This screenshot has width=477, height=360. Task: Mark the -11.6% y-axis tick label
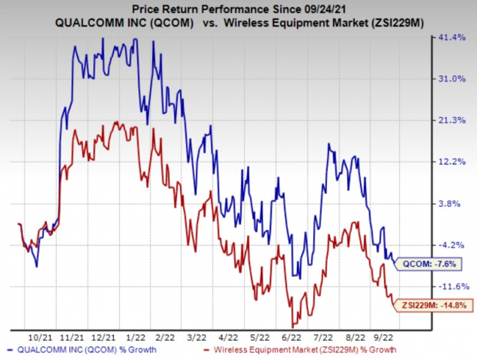449,287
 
